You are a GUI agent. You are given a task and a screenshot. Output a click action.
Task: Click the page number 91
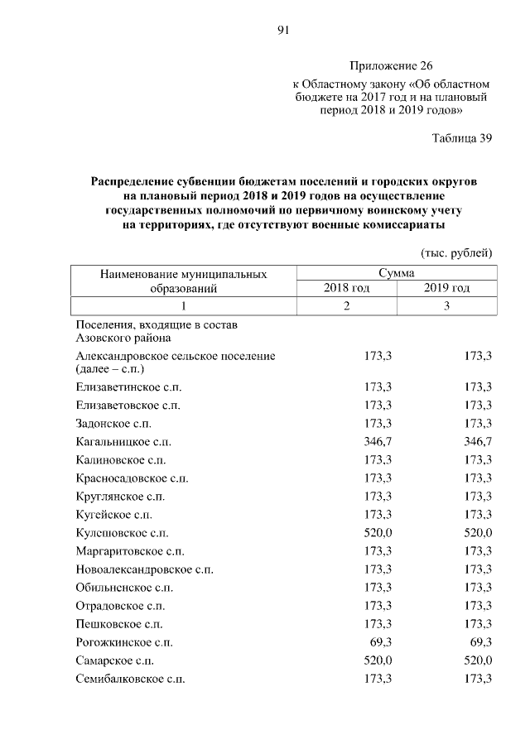click(x=282, y=31)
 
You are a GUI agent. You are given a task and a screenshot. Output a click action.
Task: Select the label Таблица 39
click(x=462, y=138)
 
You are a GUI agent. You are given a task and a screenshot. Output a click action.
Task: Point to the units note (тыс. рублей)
click(x=457, y=252)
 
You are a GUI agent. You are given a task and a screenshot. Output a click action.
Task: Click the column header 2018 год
click(x=346, y=288)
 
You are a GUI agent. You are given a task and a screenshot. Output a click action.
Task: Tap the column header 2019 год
click(x=447, y=288)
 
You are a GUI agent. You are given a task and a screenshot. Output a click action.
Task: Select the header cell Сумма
click(x=397, y=272)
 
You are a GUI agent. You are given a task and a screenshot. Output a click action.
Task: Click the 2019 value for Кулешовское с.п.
click(x=479, y=533)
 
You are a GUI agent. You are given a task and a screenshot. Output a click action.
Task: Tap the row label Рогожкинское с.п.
click(x=124, y=642)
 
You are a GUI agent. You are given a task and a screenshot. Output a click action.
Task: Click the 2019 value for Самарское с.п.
click(x=479, y=660)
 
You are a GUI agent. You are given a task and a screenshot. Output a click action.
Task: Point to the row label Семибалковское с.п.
click(x=130, y=679)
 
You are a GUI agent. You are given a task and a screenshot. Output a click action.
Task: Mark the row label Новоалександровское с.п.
click(x=142, y=569)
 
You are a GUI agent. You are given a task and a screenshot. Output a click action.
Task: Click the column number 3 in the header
click(x=447, y=306)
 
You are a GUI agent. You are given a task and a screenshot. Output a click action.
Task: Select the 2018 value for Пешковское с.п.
click(x=378, y=624)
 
